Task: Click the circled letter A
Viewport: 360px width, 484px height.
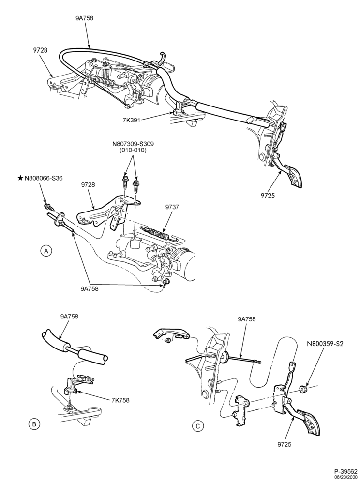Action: pyautogui.click(x=46, y=251)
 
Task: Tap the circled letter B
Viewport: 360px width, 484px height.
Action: pyautogui.click(x=34, y=424)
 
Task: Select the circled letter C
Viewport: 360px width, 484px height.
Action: pyautogui.click(x=198, y=426)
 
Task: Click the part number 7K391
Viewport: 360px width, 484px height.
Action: pyautogui.click(x=132, y=120)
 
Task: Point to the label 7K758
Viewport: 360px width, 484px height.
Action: pyautogui.click(x=121, y=400)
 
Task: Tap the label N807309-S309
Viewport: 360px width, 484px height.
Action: pyautogui.click(x=133, y=144)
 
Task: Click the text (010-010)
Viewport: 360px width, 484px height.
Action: pyautogui.click(x=133, y=151)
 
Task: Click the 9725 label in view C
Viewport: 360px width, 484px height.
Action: pyautogui.click(x=284, y=444)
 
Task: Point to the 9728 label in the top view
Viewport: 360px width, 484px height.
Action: pyautogui.click(x=41, y=49)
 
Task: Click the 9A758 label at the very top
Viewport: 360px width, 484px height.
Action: pyautogui.click(x=84, y=18)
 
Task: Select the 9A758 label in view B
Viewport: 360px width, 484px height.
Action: pyautogui.click(x=69, y=317)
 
